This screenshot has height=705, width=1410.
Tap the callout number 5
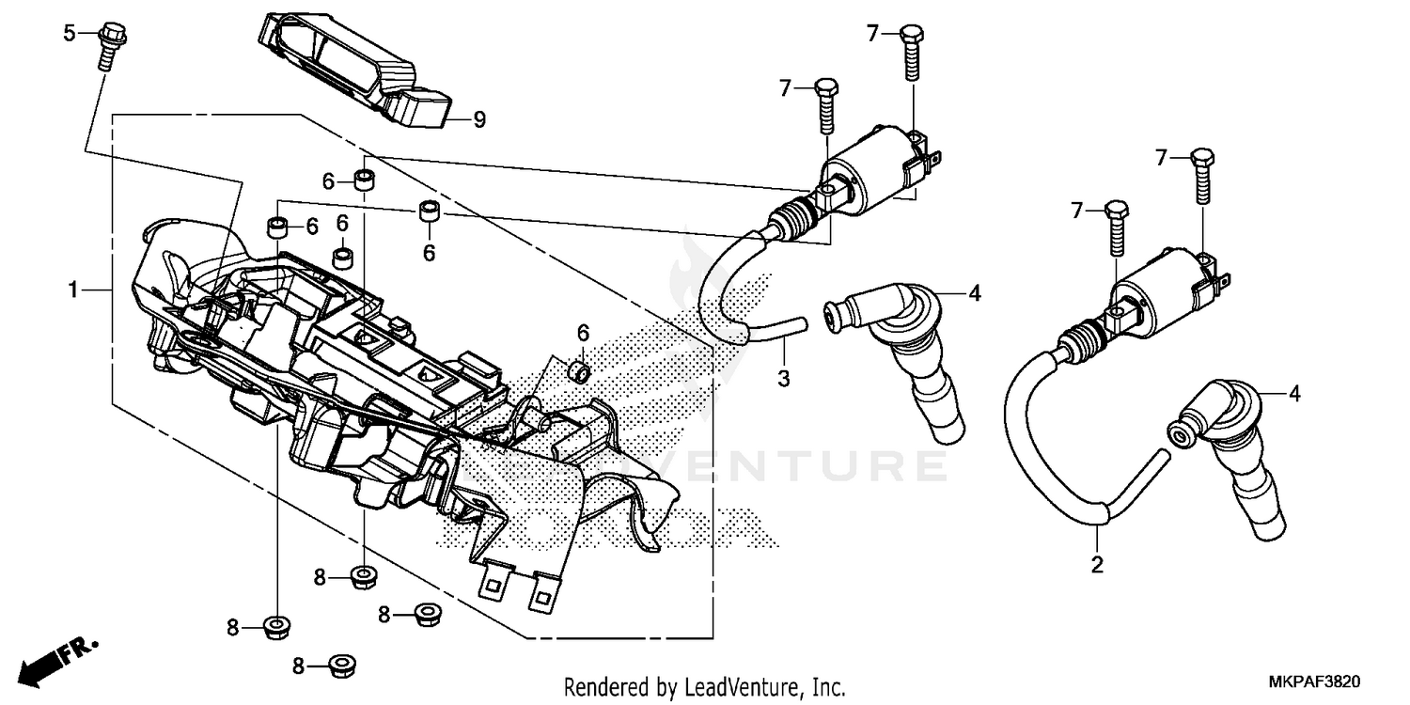pos(69,34)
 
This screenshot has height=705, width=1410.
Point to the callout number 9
pos(478,119)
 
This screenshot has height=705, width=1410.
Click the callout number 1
pos(72,290)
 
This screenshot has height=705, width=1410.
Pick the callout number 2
pos(1097,566)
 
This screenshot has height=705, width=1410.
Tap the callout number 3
pos(783,378)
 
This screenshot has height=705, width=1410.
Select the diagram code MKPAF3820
pos(1315,681)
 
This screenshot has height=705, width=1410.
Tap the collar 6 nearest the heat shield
pos(579,370)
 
